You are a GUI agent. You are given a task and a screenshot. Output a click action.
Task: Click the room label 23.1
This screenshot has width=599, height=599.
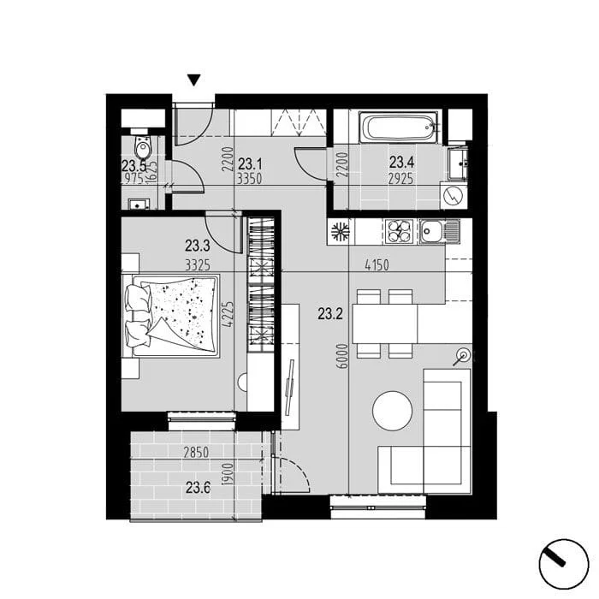250,164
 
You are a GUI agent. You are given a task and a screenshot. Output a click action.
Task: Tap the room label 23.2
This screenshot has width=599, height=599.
330,314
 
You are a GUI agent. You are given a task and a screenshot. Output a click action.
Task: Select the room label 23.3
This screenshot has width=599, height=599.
198,246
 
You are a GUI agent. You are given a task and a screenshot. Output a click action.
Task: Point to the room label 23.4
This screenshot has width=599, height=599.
402,163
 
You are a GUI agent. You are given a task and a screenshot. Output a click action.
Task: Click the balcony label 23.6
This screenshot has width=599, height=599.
198,488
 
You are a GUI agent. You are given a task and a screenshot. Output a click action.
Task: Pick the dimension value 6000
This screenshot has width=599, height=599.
343,356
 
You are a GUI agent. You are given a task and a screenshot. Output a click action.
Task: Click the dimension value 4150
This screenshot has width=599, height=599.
377,265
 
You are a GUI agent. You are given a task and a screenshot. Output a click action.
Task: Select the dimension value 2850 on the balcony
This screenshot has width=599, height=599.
196,453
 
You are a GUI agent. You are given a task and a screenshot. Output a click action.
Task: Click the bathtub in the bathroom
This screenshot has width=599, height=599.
400,130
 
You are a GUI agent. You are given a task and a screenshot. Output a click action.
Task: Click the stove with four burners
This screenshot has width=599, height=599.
399,231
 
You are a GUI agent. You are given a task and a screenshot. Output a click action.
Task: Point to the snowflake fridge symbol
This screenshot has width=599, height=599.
340,232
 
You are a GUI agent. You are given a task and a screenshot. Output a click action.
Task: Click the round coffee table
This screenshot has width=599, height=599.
392,411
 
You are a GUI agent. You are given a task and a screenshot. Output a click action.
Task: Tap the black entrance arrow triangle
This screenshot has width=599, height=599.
194,80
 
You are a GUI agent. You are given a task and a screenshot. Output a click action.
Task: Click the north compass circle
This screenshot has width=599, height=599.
563,564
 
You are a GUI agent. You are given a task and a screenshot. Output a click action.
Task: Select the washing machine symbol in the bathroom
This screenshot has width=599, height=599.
454,196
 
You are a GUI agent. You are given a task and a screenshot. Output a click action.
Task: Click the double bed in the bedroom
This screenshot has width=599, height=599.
171,316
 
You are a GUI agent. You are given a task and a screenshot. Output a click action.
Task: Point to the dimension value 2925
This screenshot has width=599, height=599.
400,178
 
